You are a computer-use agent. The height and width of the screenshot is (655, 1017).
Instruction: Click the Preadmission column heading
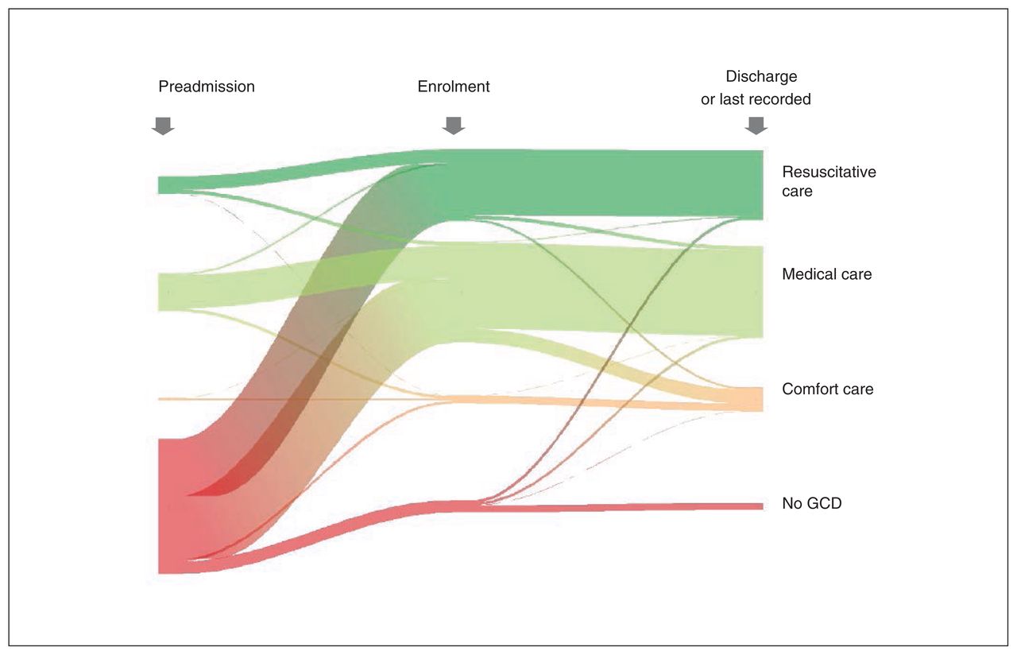coord(207,87)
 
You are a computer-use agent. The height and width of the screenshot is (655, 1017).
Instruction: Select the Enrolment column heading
coord(454,87)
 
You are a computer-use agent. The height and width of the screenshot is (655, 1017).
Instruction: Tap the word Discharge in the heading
coord(761,76)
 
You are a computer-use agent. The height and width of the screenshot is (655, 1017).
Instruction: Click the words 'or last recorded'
coord(756,99)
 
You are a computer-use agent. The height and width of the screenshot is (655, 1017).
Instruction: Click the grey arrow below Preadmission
coord(163,126)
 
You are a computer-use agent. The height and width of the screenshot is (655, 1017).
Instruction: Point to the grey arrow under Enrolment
coord(454,126)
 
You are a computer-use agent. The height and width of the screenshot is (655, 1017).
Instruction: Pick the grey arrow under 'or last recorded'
coord(756,126)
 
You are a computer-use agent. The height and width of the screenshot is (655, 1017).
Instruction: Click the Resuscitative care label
coord(829,181)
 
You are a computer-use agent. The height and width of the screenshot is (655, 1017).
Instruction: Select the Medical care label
coord(827,274)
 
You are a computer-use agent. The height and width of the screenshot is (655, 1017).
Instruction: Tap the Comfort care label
coord(828,389)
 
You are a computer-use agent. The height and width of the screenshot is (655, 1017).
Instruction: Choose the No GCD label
coord(812,503)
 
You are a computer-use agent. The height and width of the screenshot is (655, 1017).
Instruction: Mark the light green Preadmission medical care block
coord(170,292)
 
